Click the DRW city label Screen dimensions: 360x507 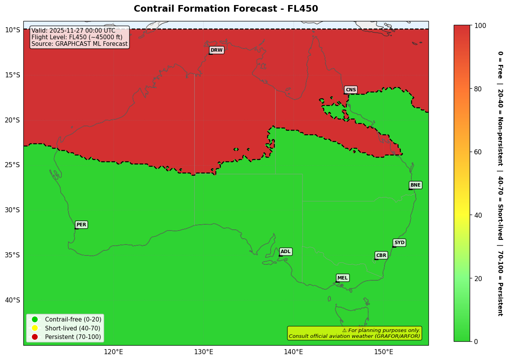[x=217, y=50]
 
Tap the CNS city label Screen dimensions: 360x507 [x=351, y=90]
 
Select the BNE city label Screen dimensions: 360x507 [x=415, y=185]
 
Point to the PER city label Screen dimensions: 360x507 [x=81, y=225]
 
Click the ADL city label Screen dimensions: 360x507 [x=286, y=252]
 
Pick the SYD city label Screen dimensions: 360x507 [x=399, y=243]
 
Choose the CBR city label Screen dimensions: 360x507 [x=381, y=255]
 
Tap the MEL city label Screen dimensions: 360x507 [x=343, y=278]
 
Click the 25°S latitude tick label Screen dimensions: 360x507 [x=12, y=165]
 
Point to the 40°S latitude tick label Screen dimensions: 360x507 [x=12, y=300]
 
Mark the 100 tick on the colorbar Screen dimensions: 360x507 [x=481, y=26]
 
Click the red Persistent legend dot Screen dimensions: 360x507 [x=35, y=337]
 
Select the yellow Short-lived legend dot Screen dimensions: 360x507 [x=35, y=328]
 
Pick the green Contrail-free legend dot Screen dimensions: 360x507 [x=35, y=319]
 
